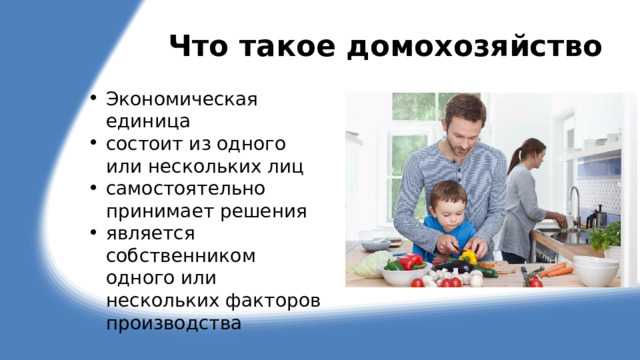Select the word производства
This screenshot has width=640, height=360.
coord(174,323)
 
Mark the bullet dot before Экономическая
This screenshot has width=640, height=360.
coord(92,100)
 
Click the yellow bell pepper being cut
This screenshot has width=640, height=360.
coord(468,257)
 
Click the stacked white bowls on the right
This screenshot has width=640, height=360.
coord(596,270)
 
